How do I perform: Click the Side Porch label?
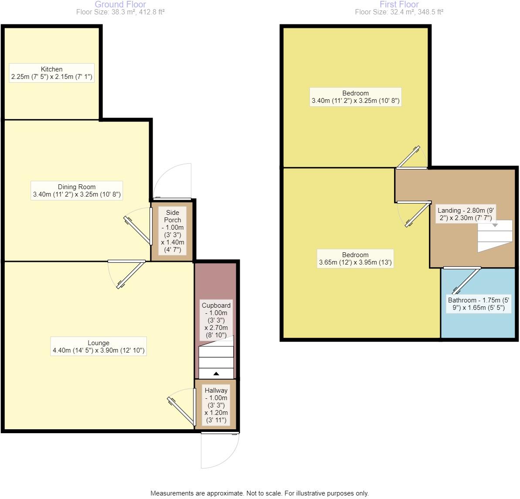tap(173, 231)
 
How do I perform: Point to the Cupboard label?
tap(216, 320)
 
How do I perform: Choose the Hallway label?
tap(216, 405)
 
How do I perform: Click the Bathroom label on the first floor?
tap(478, 304)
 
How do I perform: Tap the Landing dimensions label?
tap(466, 214)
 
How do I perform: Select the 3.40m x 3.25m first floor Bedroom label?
tap(355, 97)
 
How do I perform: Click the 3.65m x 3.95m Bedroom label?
tap(355, 259)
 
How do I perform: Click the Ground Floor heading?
tap(120, 4)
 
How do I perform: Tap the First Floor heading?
tap(399, 4)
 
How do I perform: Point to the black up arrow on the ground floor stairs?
tap(216, 373)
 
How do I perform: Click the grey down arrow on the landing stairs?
tap(495, 225)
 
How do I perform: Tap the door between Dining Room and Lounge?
tap(127, 274)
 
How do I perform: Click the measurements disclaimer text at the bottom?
tap(259, 493)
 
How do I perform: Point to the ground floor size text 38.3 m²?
tap(120, 12)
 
